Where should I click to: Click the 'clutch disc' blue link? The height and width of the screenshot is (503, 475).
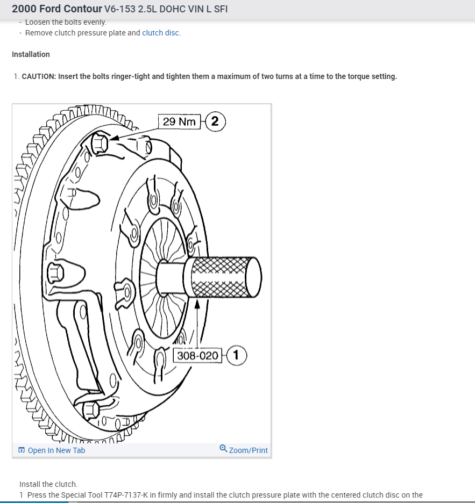160,33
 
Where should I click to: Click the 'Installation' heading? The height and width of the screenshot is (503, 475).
31,54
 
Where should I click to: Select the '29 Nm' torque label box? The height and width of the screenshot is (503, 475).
179,121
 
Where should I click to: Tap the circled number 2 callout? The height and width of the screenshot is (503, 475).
215,121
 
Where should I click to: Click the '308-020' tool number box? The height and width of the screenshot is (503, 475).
198,355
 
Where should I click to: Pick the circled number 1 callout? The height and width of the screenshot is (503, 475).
237,355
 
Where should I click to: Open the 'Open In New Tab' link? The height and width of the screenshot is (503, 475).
56,450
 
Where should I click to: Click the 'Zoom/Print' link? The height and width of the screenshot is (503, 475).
248,450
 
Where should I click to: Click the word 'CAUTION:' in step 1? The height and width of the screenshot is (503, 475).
39,76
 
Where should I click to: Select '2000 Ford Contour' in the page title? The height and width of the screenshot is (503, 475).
56,9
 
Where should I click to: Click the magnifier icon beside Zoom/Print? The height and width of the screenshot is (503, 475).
223,449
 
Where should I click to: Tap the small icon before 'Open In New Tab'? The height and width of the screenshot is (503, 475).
22,450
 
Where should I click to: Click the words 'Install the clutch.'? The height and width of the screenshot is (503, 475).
48,484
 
